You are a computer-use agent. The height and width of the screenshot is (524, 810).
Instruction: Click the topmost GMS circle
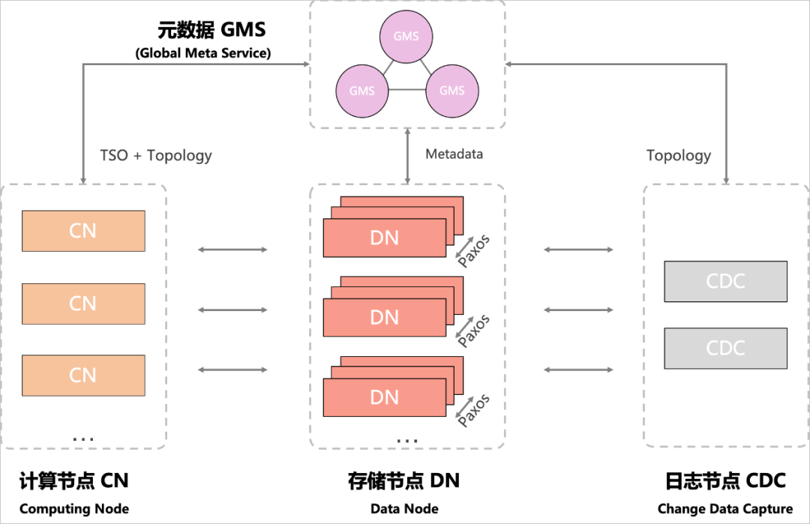pyautogui.click(x=406, y=36)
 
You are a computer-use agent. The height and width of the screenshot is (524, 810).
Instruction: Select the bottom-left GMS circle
pyautogui.click(x=362, y=91)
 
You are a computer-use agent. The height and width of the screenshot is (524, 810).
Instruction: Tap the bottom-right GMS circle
pyautogui.click(x=451, y=91)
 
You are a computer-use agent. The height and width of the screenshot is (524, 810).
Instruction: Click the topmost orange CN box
pyautogui.click(x=83, y=231)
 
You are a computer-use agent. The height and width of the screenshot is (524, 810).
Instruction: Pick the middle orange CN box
pyautogui.click(x=83, y=304)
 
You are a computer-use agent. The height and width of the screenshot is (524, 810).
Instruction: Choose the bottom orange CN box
pyautogui.click(x=83, y=376)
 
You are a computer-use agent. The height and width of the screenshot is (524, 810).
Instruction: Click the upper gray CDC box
pyautogui.click(x=725, y=281)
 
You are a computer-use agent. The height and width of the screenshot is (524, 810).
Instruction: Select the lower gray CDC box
pyautogui.click(x=725, y=348)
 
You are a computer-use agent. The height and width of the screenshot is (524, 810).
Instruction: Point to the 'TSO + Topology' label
pyautogui.click(x=156, y=156)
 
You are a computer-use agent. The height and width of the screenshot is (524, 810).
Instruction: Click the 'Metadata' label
pyautogui.click(x=454, y=154)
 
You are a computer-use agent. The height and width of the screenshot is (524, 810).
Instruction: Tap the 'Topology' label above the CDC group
pyautogui.click(x=679, y=156)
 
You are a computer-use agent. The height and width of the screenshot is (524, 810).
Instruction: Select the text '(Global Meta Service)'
pyautogui.click(x=203, y=53)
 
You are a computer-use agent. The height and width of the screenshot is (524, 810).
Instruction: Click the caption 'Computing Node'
pyautogui.click(x=74, y=509)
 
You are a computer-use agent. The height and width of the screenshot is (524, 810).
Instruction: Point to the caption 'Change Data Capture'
pyautogui.click(x=724, y=509)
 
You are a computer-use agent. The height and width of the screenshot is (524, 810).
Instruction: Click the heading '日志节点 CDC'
pyautogui.click(x=724, y=481)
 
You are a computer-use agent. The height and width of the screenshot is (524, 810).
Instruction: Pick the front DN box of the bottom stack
pyautogui.click(x=384, y=397)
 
